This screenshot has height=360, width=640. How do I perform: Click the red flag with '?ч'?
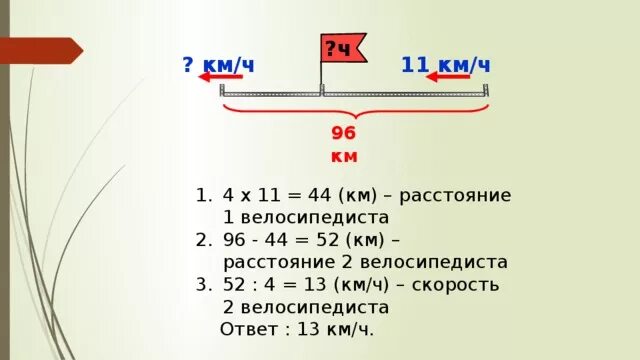[342, 48]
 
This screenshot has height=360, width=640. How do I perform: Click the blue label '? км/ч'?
[218, 65]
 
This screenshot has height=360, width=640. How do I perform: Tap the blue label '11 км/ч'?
[446, 65]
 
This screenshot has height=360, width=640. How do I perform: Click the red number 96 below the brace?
[344, 134]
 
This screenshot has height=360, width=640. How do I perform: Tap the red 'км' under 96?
[344, 157]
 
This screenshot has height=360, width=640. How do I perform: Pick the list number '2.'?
[204, 240]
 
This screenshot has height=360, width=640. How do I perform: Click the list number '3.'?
[204, 285]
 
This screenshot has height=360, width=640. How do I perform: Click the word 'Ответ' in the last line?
[250, 330]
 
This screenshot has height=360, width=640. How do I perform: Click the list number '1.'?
[204, 194]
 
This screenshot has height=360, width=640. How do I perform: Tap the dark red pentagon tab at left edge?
[40, 50]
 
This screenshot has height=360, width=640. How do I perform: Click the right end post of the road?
[486, 90]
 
